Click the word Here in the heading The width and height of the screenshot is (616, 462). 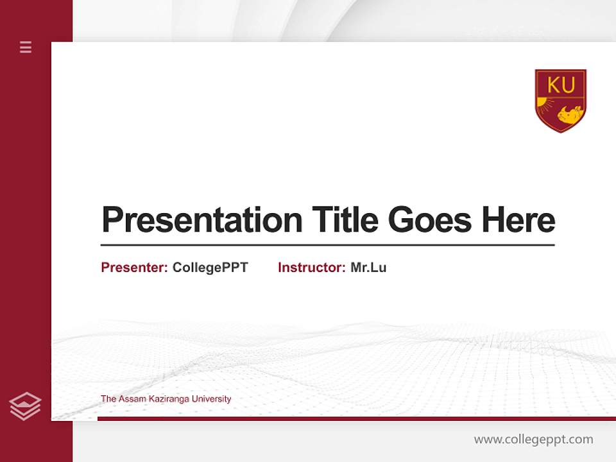click(518, 220)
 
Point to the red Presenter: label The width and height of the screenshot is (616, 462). click(134, 268)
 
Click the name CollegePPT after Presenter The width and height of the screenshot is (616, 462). click(210, 268)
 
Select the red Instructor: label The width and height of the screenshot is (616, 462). click(311, 268)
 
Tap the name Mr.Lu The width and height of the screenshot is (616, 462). click(368, 268)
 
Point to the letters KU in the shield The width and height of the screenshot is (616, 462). click(561, 84)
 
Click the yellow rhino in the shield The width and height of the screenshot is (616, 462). click(569, 114)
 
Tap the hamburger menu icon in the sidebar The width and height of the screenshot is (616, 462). click(26, 47)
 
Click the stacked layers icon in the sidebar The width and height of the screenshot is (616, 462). click(25, 406)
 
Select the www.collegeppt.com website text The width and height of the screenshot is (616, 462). click(533, 440)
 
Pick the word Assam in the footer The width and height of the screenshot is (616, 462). click(128, 399)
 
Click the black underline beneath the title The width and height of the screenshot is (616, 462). click(327, 245)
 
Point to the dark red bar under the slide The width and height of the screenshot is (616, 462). click(356, 418)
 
